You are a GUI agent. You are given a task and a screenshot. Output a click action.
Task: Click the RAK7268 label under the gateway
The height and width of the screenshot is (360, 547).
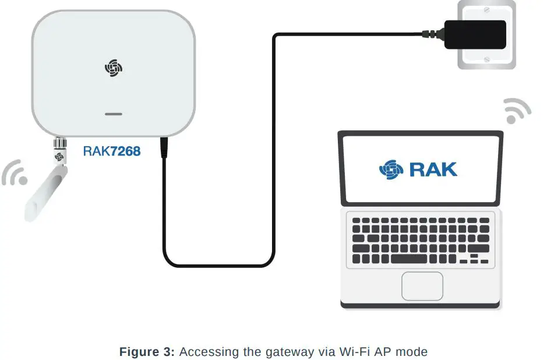click(111, 151)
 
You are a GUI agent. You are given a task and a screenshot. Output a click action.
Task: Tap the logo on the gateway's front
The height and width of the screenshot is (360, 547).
click(114, 68)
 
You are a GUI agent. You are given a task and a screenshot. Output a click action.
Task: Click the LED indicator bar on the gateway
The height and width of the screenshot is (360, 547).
click(114, 114)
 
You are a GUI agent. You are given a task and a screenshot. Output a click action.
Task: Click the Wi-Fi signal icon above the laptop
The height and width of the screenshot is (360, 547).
click(517, 111)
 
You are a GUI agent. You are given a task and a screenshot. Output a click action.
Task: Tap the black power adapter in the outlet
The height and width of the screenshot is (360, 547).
click(475, 34)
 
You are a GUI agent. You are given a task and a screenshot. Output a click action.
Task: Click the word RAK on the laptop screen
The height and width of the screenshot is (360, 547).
click(433, 169)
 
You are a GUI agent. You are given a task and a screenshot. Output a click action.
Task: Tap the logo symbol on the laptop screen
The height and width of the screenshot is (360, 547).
click(391, 169)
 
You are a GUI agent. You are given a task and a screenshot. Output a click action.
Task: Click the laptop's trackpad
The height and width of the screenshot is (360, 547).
click(422, 285)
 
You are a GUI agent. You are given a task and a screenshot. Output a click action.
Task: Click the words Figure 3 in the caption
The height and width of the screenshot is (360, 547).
click(147, 352)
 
